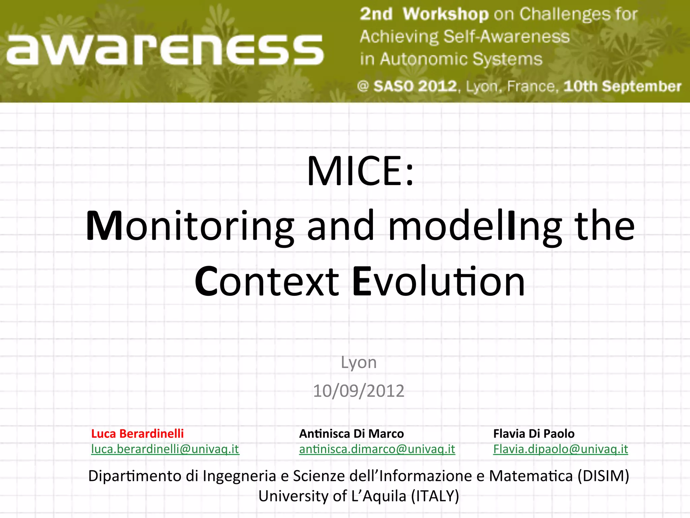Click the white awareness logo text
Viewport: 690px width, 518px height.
click(x=165, y=50)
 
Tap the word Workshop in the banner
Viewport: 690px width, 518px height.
click(x=445, y=14)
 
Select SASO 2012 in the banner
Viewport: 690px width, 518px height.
click(x=415, y=86)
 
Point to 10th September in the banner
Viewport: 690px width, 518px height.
click(x=622, y=86)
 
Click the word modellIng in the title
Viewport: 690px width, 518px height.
click(x=475, y=226)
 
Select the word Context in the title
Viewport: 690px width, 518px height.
click(x=267, y=282)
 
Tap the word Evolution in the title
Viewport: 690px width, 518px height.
click(x=438, y=282)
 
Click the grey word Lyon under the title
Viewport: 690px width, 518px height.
click(x=358, y=363)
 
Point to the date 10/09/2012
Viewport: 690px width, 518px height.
click(x=358, y=391)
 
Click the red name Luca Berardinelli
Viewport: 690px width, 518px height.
click(x=137, y=434)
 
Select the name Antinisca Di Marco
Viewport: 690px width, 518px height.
click(x=351, y=434)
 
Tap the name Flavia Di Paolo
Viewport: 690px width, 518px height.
click(x=534, y=434)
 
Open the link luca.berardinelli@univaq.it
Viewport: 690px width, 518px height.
click(x=165, y=449)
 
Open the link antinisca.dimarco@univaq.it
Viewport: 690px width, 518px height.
click(x=377, y=449)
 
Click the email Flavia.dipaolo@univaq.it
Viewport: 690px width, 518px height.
click(x=561, y=449)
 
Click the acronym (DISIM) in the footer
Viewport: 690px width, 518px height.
click(x=603, y=476)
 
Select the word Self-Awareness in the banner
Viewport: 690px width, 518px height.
click(x=506, y=36)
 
